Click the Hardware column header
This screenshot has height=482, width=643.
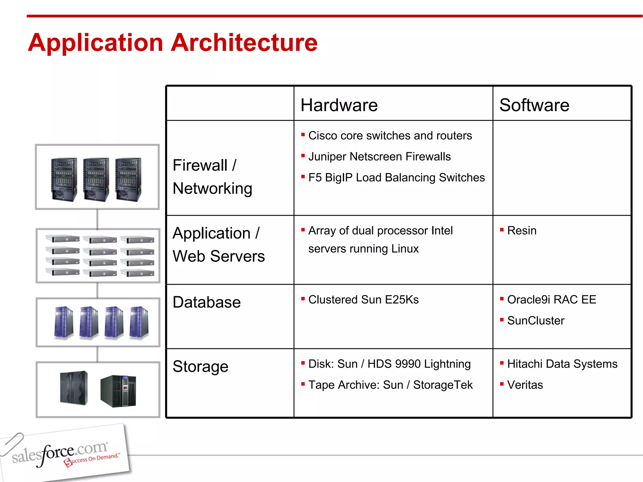click(x=339, y=105)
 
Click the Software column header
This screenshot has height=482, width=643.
click(x=534, y=105)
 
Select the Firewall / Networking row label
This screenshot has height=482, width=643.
click(x=212, y=177)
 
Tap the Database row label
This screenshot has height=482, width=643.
click(x=207, y=302)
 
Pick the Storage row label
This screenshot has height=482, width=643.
click(x=200, y=367)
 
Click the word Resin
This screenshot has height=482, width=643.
click(x=521, y=231)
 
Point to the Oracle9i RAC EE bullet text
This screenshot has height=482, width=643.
click(x=551, y=300)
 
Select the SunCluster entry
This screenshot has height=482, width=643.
click(x=536, y=321)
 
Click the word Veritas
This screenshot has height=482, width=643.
click(x=525, y=385)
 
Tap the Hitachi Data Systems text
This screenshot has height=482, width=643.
click(x=562, y=364)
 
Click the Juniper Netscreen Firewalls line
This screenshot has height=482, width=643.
click(x=379, y=157)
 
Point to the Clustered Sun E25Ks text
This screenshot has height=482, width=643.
click(x=363, y=300)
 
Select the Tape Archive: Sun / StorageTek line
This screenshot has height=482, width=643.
click(x=390, y=385)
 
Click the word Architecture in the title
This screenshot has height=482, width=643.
click(x=244, y=43)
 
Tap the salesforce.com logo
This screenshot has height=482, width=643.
click(x=63, y=453)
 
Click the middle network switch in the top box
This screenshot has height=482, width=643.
click(x=96, y=179)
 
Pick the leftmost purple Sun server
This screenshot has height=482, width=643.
click(x=63, y=323)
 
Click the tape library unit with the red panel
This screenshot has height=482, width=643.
click(x=119, y=391)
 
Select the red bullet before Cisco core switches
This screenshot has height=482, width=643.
click(x=303, y=135)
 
